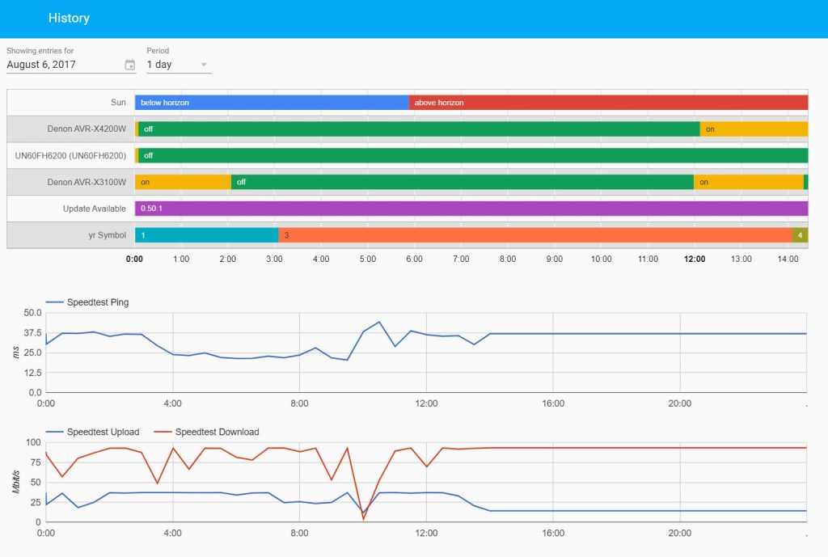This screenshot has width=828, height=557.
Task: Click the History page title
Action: click(69, 18)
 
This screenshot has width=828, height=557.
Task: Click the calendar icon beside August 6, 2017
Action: click(130, 65)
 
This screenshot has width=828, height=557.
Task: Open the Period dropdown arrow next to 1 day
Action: click(204, 65)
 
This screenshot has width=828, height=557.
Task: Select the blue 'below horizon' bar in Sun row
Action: click(272, 103)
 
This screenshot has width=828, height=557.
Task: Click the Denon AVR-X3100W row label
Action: click(87, 182)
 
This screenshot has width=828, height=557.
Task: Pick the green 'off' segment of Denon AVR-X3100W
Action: click(462, 182)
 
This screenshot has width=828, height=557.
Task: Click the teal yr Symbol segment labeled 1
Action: click(206, 235)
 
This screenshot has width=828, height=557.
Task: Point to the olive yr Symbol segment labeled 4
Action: click(801, 235)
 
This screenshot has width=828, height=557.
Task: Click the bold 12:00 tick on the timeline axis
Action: click(695, 260)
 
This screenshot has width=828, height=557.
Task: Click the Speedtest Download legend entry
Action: click(217, 432)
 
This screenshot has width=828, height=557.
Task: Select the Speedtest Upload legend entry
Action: click(103, 432)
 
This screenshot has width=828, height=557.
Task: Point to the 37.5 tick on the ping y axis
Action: click(32, 333)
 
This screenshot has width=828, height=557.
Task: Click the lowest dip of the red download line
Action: click(363, 518)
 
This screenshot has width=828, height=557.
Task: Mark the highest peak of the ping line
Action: click(378, 322)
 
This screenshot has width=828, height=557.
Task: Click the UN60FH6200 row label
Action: click(70, 155)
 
